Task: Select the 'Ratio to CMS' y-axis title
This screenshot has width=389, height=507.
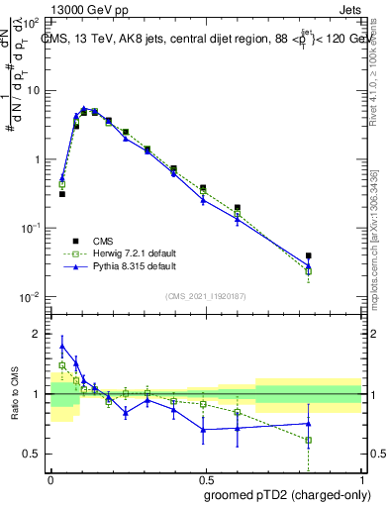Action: click(x=13, y=394)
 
